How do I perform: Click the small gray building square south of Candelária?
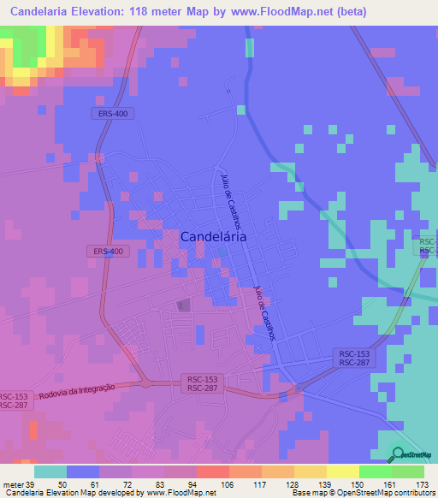[181, 305]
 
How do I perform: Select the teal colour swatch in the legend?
[50, 471]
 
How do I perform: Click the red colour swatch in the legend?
[213, 471]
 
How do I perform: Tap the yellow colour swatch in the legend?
[343, 471]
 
